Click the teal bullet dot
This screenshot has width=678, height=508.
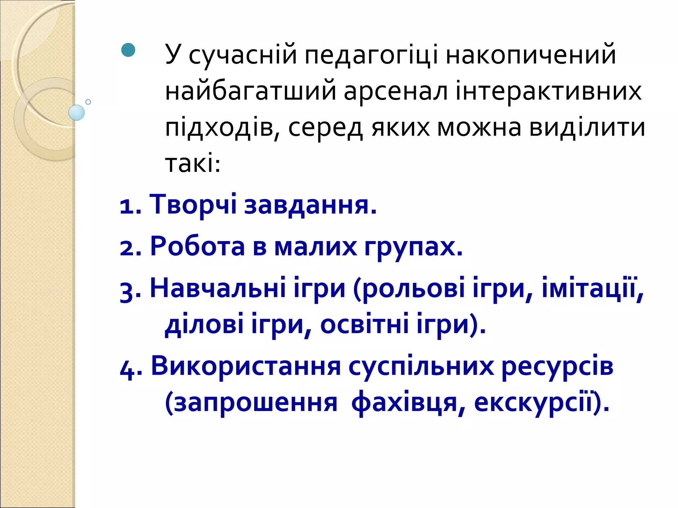pyautogui.click(x=128, y=50)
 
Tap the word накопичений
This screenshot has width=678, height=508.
pyautogui.click(x=531, y=54)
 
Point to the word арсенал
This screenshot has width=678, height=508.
pyautogui.click(x=396, y=91)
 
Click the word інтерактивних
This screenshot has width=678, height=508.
pyautogui.click(x=549, y=91)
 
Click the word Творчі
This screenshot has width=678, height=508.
pyautogui.click(x=193, y=204)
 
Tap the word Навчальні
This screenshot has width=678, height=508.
pyautogui.click(x=218, y=288)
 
